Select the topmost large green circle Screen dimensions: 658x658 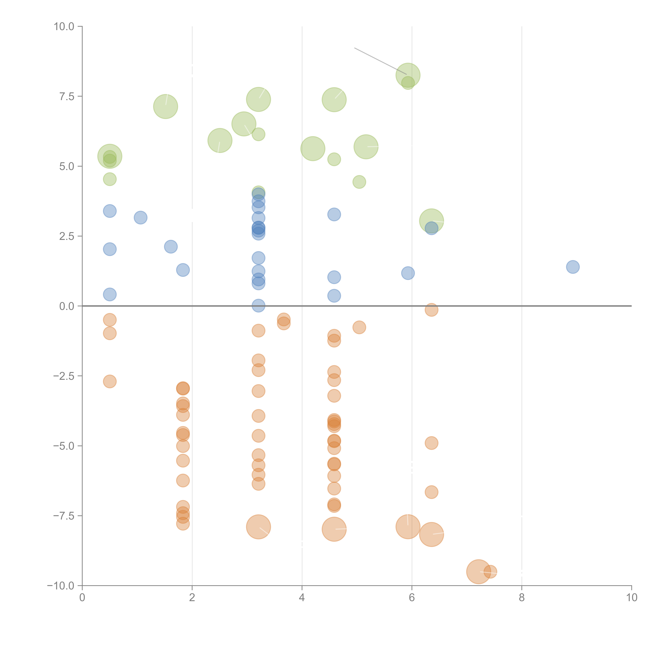point(408,75)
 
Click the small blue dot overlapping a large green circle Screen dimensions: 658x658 point(432,228)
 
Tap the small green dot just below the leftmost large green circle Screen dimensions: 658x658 point(110,179)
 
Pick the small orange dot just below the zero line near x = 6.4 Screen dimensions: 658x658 point(432,310)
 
